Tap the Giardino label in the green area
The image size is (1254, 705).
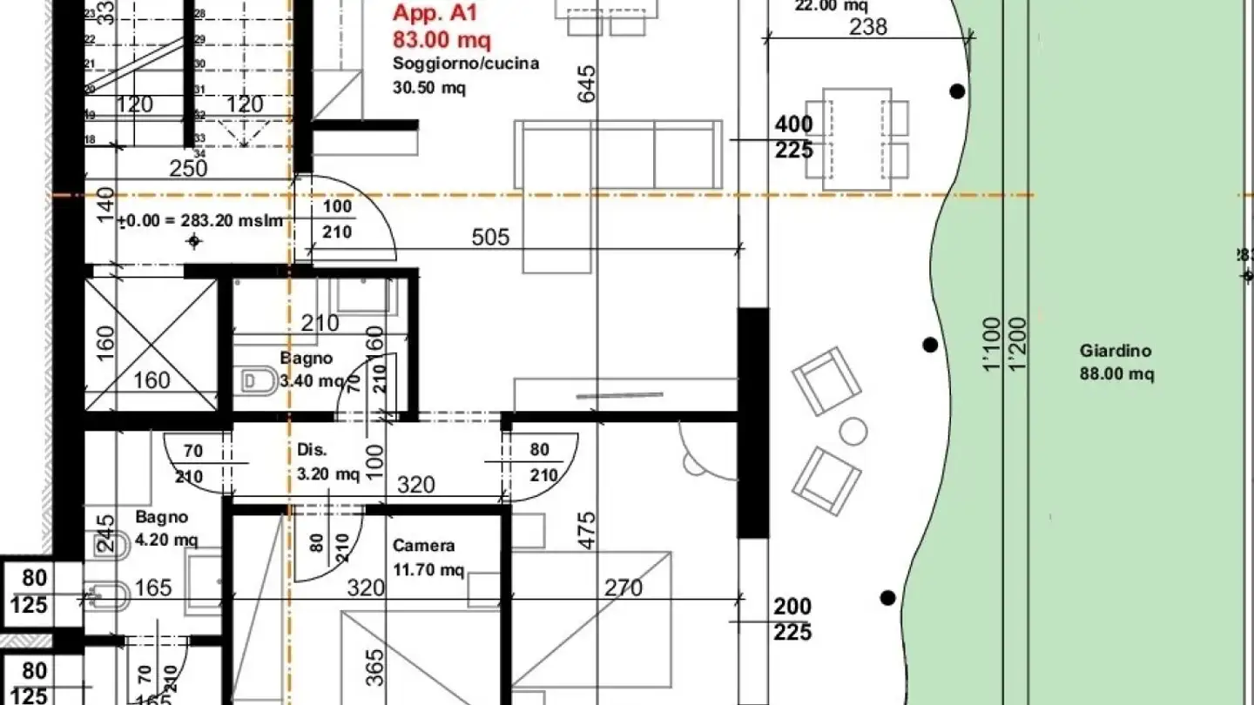[x=1116, y=351]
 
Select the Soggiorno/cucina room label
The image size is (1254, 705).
[x=465, y=64]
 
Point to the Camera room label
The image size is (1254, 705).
[x=423, y=546]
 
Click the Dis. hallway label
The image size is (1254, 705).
[x=312, y=450]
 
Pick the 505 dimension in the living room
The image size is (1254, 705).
[x=490, y=237]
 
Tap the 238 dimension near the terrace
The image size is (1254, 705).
[x=867, y=27]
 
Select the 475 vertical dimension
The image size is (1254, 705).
[x=587, y=528]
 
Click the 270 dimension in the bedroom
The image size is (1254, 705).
[x=624, y=588]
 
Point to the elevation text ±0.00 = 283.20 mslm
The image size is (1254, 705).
[x=201, y=221]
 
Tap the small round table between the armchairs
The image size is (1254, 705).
[x=853, y=431]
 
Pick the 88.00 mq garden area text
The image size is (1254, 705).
[x=1116, y=374]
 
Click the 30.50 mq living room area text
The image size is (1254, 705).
[x=428, y=87]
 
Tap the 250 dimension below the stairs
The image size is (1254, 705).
[x=188, y=168]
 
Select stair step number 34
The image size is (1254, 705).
[x=199, y=154]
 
